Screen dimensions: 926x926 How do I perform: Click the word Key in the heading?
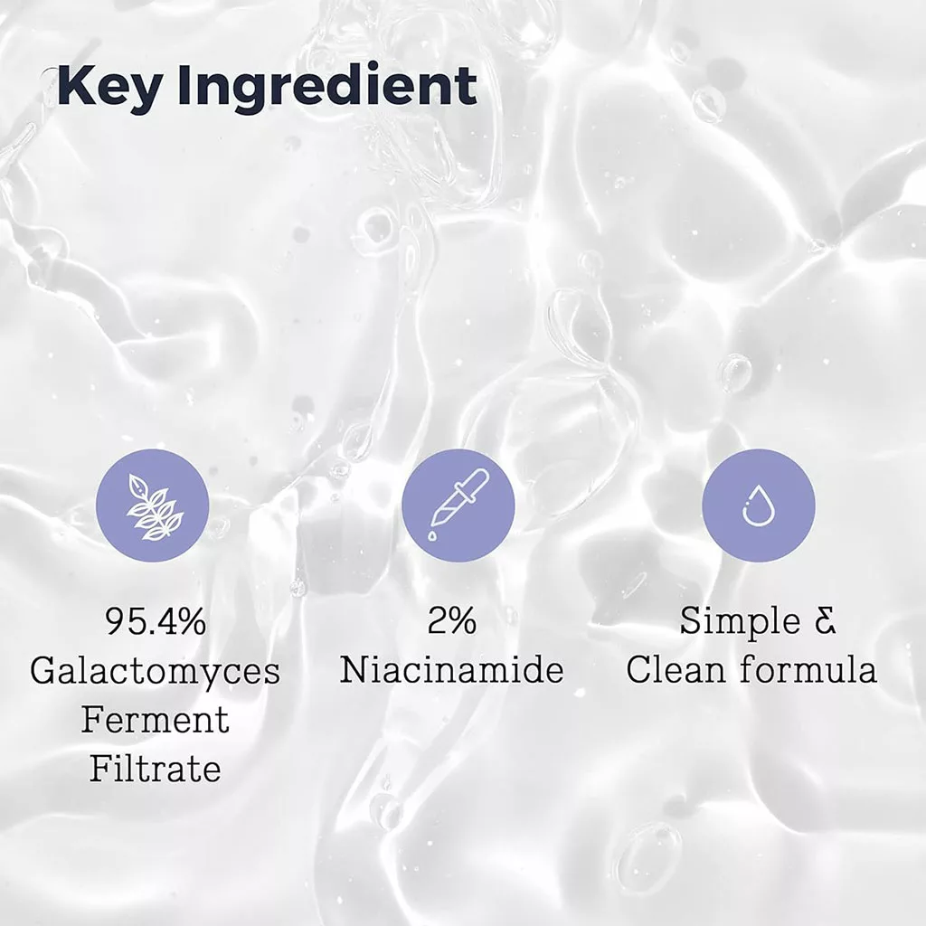click(108, 87)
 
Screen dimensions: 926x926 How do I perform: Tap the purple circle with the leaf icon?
click(153, 506)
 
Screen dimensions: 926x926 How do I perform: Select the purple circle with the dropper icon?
click(458, 506)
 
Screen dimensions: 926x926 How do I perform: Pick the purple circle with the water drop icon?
click(758, 506)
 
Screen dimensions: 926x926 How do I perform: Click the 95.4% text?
click(155, 622)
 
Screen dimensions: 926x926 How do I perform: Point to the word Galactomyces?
click(155, 671)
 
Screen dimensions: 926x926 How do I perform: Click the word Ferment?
click(155, 720)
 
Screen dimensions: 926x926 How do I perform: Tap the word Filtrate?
click(155, 769)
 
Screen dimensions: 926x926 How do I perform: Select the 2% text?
click(452, 622)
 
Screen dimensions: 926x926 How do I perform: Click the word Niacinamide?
click(452, 671)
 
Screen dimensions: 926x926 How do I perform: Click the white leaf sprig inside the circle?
click(153, 506)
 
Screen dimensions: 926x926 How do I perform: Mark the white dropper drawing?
click(458, 505)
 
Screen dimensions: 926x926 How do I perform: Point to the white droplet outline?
click(757, 507)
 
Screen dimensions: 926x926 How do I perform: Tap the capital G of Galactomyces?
click(44, 671)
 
